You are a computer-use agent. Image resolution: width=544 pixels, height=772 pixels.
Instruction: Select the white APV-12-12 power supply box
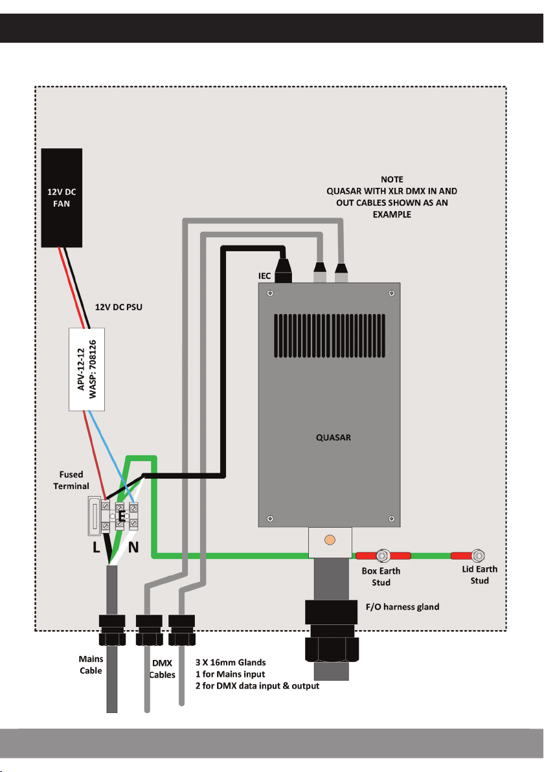(x=87, y=369)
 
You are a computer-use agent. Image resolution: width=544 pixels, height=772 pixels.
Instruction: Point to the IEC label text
(x=264, y=277)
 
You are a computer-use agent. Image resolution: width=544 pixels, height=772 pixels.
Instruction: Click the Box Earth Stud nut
(x=383, y=556)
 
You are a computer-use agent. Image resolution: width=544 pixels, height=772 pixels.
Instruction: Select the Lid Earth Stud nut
(x=478, y=556)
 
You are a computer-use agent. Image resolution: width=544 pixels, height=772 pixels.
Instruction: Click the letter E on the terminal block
(x=121, y=517)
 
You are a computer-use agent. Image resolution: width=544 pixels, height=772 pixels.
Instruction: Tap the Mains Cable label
(x=91, y=665)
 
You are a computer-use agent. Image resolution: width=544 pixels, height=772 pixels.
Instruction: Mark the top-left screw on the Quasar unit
(x=270, y=293)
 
